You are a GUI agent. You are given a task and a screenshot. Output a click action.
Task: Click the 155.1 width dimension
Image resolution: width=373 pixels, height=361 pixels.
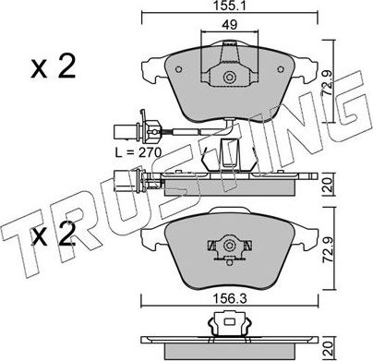[230, 6]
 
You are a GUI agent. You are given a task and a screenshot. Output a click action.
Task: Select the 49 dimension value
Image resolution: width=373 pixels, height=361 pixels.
[230, 24]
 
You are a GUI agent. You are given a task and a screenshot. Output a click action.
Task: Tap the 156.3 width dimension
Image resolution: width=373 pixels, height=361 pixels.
[229, 298]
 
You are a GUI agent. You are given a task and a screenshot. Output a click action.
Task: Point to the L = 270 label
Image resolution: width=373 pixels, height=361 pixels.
[138, 152]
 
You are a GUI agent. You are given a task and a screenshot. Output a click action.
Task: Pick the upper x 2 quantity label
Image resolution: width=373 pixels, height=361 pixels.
[54, 67]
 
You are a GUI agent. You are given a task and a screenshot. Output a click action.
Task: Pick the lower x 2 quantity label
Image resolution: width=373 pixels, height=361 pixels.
[54, 235]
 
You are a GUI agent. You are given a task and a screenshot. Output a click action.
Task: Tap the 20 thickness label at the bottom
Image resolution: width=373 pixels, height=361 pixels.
[329, 348]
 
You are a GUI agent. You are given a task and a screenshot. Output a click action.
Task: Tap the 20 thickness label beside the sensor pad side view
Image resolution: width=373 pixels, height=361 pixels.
[329, 185]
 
